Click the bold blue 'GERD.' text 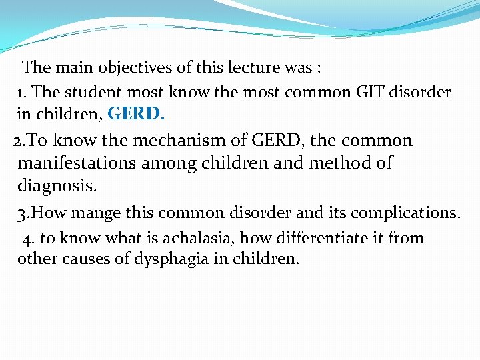pos(136,114)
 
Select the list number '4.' pos(28,239)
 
